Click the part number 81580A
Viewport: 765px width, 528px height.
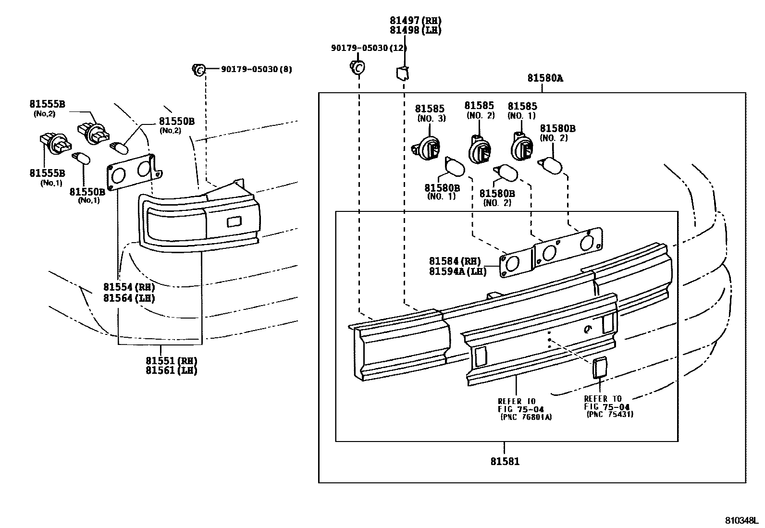coord(544,78)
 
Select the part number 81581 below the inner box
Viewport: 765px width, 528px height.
coord(505,462)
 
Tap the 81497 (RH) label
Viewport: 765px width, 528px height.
coord(415,21)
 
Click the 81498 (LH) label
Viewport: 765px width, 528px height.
coord(415,30)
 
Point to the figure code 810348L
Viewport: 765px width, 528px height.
coord(740,521)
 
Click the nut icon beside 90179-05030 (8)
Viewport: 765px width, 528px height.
coord(198,69)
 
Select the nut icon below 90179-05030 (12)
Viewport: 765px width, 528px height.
coord(357,68)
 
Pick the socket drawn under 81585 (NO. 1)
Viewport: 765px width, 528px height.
coord(520,145)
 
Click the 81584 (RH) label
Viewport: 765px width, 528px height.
coord(455,261)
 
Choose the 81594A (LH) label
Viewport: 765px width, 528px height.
coord(457,271)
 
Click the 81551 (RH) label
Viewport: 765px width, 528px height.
coord(172,361)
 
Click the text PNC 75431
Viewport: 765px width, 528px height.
coord(609,414)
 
